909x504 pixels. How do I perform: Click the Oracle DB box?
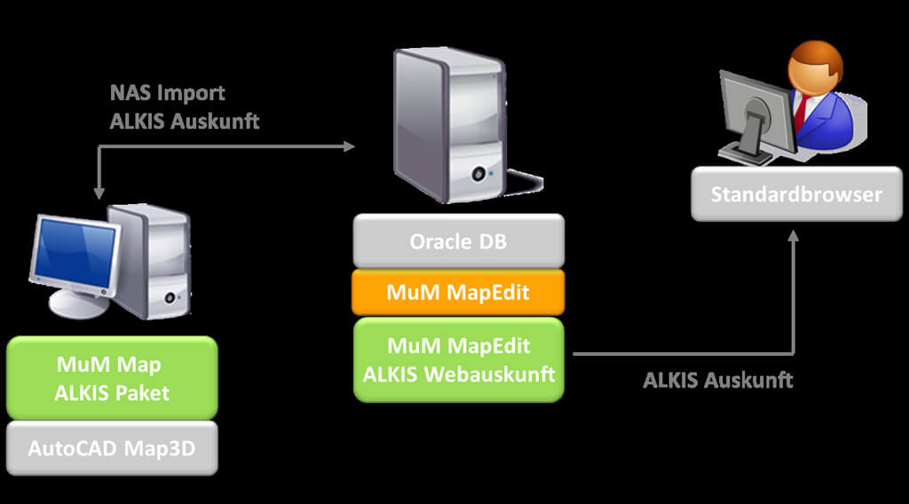pyautogui.click(x=458, y=240)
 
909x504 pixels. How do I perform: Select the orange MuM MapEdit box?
pyautogui.click(x=458, y=292)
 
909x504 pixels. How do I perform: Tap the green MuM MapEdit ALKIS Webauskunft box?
pyautogui.click(x=458, y=359)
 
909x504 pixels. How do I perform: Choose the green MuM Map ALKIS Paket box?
pyautogui.click(x=111, y=377)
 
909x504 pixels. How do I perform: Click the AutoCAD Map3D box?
pyautogui.click(x=111, y=448)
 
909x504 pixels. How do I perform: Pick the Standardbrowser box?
pyautogui.click(x=796, y=193)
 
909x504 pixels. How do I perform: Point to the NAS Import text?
pyautogui.click(x=167, y=93)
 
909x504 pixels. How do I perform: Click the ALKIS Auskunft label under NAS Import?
pyautogui.click(x=185, y=122)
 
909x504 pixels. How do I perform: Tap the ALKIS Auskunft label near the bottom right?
pyautogui.click(x=717, y=381)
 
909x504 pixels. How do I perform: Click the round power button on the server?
pyautogui.click(x=481, y=174)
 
